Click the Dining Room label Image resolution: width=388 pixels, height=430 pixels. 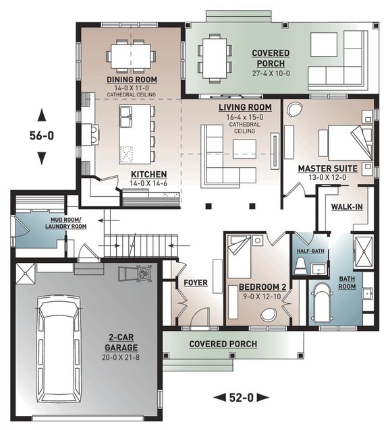(x=132, y=80)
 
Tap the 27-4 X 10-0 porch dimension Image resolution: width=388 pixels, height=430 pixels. (x=271, y=73)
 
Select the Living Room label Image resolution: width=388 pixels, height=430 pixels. (x=245, y=107)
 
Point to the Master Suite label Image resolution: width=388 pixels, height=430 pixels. (x=328, y=168)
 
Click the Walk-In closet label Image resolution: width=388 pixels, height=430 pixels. (x=347, y=207)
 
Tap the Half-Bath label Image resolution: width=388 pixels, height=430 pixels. (x=310, y=251)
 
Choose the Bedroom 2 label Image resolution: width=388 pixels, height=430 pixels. (x=262, y=287)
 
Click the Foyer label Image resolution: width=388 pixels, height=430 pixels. (x=196, y=282)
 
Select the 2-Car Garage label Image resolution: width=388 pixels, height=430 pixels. (x=121, y=342)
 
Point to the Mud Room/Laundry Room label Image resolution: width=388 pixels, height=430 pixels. (x=66, y=223)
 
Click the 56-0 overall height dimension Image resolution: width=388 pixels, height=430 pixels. (x=42, y=135)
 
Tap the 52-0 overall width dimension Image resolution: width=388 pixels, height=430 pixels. (x=241, y=398)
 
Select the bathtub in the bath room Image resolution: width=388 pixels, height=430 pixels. (x=322, y=303)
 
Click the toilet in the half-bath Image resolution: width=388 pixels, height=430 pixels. (x=300, y=266)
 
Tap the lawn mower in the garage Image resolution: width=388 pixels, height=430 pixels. (x=136, y=273)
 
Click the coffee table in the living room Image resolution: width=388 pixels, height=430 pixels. (x=244, y=149)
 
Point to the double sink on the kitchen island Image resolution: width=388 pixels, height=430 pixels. (x=126, y=117)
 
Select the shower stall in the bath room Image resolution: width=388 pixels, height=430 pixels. (x=364, y=251)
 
